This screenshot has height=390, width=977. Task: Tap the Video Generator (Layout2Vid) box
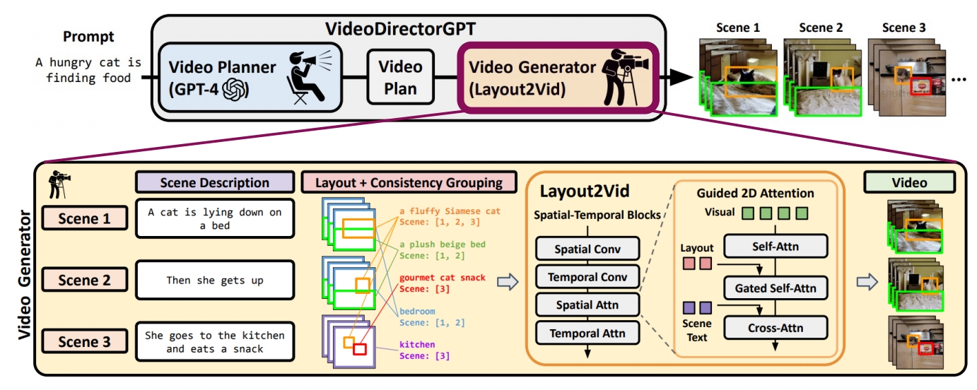point(558,77)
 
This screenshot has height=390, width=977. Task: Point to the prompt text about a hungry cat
point(88,70)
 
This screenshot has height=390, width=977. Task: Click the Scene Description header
point(214,182)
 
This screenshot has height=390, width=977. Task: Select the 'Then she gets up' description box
point(214,280)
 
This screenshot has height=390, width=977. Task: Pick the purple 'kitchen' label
point(416,344)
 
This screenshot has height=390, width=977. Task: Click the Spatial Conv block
point(587,249)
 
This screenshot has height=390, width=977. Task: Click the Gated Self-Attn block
point(775,288)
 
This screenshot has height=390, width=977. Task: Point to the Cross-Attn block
point(775,328)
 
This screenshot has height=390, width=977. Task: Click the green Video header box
point(908,182)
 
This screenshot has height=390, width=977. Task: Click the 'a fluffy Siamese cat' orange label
point(449,211)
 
